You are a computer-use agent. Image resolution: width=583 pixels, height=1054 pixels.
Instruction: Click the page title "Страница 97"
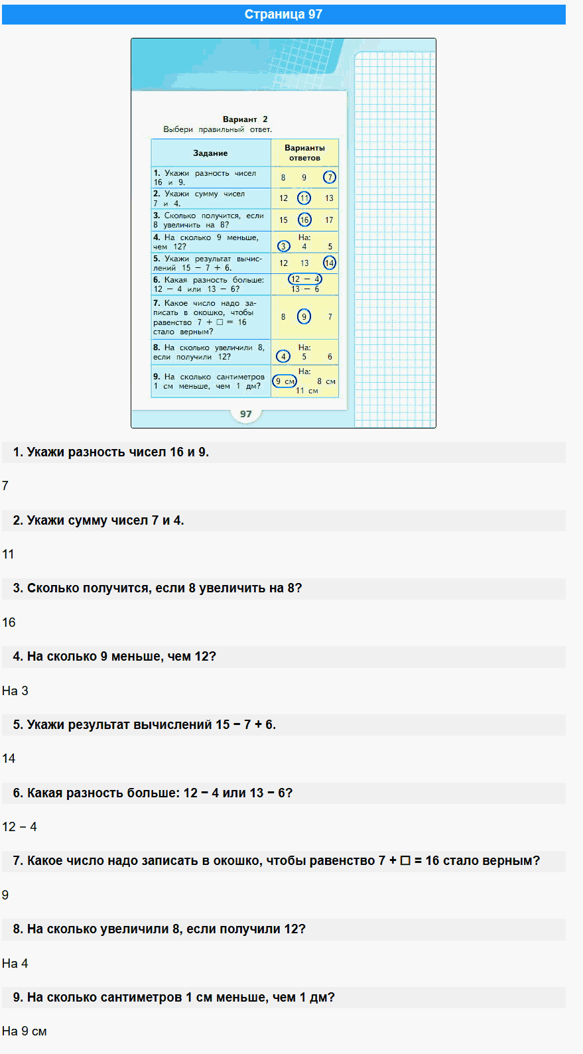click(x=283, y=15)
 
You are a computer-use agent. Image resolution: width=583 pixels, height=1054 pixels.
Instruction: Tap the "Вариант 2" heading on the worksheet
click(x=245, y=119)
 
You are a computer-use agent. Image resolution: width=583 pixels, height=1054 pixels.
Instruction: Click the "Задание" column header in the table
click(x=210, y=153)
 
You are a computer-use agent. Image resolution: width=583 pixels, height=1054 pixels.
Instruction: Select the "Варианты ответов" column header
click(x=304, y=153)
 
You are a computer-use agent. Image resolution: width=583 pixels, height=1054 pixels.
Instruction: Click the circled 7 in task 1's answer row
click(x=330, y=177)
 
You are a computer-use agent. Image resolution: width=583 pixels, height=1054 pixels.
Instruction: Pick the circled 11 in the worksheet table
click(x=304, y=198)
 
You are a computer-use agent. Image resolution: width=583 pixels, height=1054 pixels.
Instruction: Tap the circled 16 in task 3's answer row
click(x=304, y=220)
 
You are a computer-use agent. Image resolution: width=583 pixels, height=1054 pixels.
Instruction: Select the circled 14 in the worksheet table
click(x=330, y=263)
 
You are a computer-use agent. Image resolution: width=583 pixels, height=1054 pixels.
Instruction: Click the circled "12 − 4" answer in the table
click(x=305, y=279)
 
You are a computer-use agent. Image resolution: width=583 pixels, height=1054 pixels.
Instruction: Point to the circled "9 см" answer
click(x=285, y=381)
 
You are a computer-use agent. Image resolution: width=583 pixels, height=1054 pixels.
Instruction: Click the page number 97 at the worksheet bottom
click(x=246, y=414)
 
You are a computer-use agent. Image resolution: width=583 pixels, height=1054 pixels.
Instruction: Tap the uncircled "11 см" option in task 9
click(x=306, y=391)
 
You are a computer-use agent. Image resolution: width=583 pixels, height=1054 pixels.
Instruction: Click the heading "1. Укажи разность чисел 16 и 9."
click(x=111, y=452)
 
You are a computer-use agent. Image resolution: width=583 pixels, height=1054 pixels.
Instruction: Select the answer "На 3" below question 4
click(x=15, y=691)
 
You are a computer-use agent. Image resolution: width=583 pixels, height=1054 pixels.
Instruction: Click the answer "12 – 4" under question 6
click(x=20, y=827)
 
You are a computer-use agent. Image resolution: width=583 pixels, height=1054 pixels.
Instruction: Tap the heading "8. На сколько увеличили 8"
click(x=159, y=929)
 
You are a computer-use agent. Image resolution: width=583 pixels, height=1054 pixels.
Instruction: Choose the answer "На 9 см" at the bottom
click(x=25, y=1031)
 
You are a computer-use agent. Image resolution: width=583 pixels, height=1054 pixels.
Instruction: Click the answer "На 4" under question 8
click(x=15, y=964)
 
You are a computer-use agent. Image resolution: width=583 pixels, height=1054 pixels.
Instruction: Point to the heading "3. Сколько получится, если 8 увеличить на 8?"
click(x=157, y=588)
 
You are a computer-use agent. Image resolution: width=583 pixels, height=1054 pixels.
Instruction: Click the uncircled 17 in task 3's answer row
click(x=329, y=220)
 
